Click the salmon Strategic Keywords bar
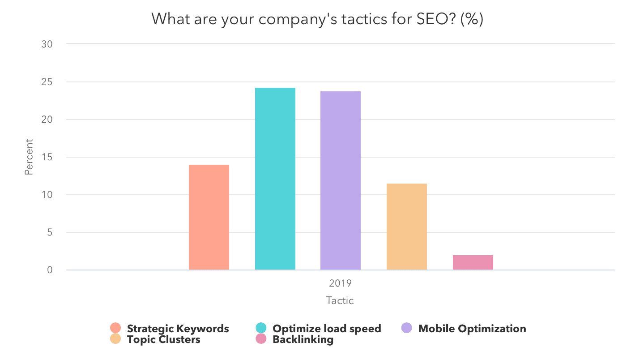tap(209, 217)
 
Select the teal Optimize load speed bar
tap(275, 179)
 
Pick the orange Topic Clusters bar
tap(407, 227)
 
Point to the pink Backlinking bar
tap(473, 262)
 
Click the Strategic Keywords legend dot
tap(115, 328)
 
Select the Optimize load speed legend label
tap(327, 329)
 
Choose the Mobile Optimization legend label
tap(472, 329)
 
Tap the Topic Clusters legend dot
tap(115, 339)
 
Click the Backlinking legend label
tap(303, 339)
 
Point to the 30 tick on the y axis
tap(47, 44)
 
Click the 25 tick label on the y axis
tap(47, 82)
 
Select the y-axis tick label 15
tap(47, 157)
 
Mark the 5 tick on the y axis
tap(50, 232)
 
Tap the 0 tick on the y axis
tap(50, 270)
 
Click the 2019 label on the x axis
tap(340, 283)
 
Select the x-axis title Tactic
tap(340, 300)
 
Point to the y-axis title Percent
tap(29, 157)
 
